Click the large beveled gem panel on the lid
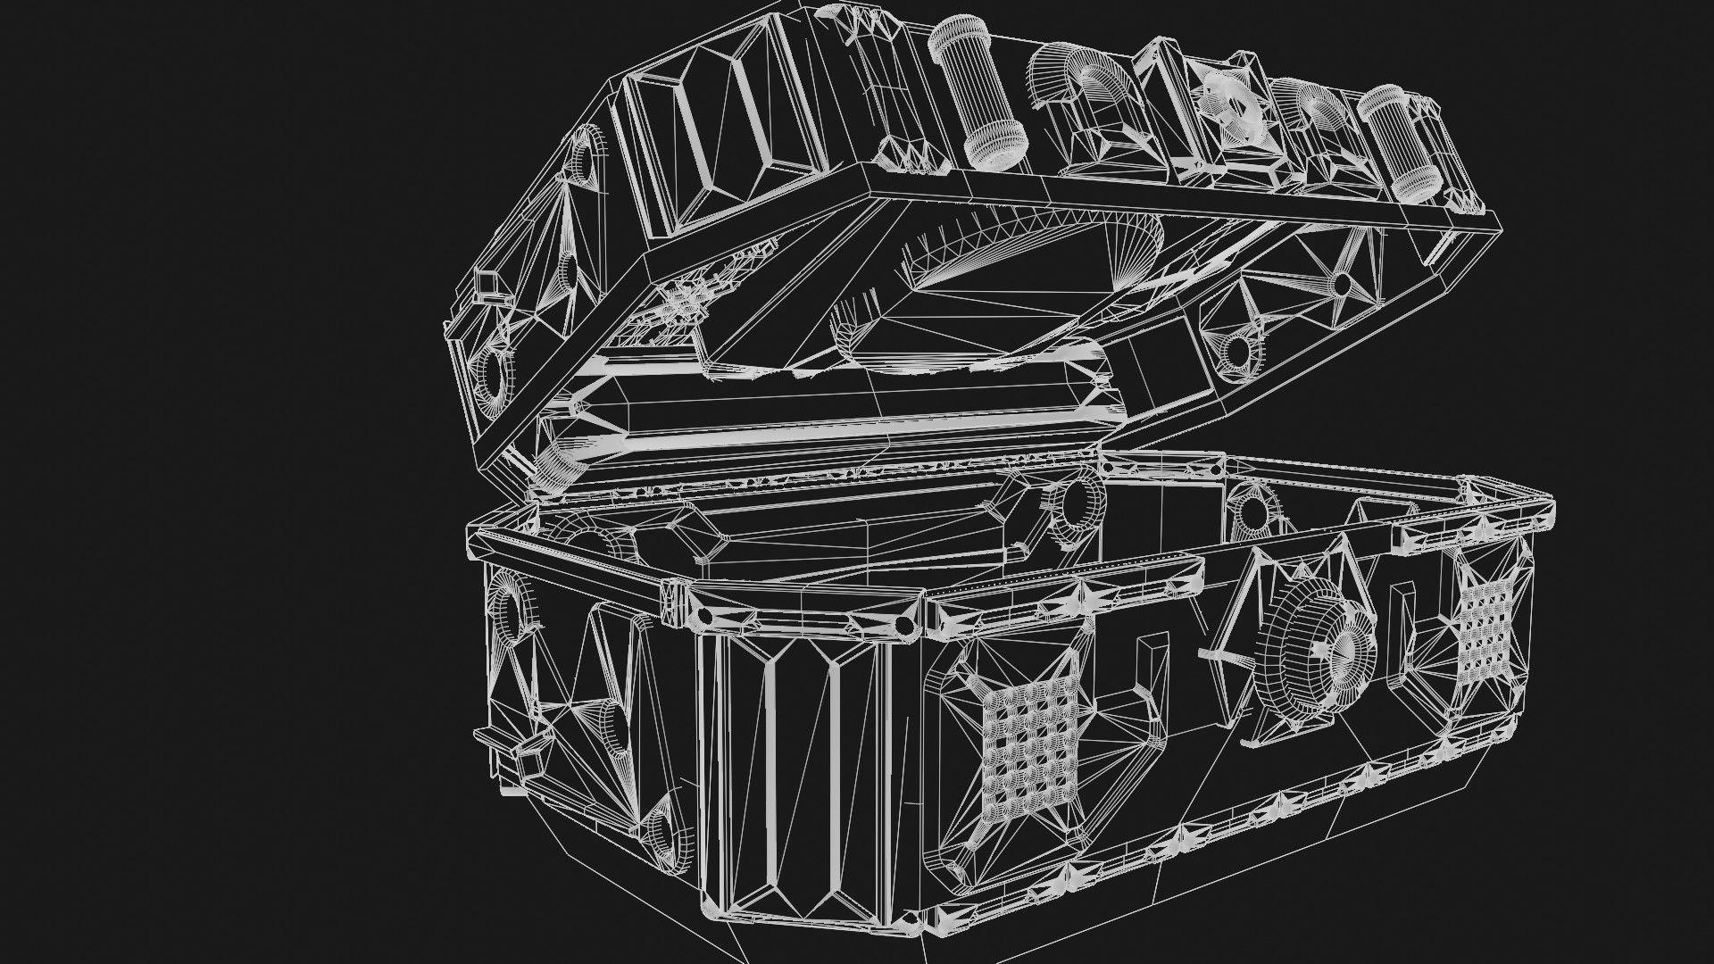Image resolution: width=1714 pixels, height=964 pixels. (705, 143)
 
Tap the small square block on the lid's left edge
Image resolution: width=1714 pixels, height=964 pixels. (487, 284)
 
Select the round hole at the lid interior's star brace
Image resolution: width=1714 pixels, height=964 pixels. (1342, 284)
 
